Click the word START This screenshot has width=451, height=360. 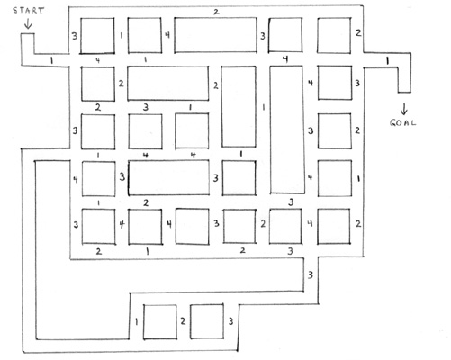coord(29,11)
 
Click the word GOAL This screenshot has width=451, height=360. coord(402,122)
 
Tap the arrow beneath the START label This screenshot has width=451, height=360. coord(28,23)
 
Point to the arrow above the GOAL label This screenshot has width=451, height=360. coord(404,109)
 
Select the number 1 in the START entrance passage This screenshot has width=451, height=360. coord(51,60)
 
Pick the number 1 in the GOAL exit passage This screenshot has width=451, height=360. coord(387,61)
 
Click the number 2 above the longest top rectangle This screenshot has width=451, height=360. coord(216,13)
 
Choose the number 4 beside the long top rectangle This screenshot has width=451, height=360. coord(167,35)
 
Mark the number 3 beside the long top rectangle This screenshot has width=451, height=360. coord(263,36)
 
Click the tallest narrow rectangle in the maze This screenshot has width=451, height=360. coord(287,130)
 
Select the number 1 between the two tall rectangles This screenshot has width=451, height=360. coord(263,107)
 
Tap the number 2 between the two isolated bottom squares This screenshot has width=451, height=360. coord(183,321)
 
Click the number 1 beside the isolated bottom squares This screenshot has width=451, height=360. coord(137,322)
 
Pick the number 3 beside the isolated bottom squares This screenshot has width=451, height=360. coord(230,321)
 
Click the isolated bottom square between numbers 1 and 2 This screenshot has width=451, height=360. coord(159,322)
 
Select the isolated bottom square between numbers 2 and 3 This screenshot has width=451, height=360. coord(207,321)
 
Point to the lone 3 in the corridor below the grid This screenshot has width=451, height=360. coord(311,274)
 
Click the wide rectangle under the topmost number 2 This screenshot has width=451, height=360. coord(215,35)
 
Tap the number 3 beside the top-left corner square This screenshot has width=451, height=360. coord(75,36)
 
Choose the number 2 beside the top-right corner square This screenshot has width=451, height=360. coord(358,32)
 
